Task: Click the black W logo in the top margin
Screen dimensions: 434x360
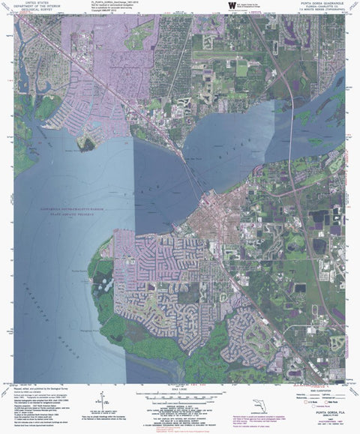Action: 231,4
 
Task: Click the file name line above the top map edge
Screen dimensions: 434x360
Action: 120,3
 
